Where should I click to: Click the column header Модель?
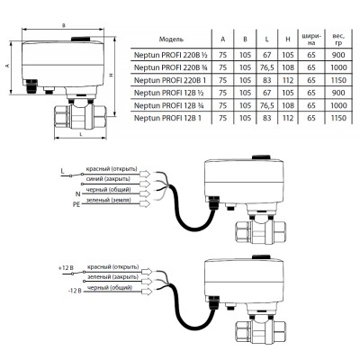171,40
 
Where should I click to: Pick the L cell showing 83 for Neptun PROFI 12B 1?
266,118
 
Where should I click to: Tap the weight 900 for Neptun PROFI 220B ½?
338,55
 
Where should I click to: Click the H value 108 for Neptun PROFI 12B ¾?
288,105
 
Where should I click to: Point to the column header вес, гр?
338,40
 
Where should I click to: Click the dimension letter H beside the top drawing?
111,75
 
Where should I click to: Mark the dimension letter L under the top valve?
81,134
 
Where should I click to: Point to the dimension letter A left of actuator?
7,66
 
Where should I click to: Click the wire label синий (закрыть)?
108,179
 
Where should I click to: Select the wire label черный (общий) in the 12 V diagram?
110,288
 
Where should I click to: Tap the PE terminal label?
76,204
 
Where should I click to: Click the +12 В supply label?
67,268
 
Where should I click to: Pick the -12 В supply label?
75,291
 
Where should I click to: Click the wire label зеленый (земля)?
109,200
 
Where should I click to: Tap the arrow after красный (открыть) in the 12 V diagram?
146,271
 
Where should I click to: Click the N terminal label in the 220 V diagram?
78,193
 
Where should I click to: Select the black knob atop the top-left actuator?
80,39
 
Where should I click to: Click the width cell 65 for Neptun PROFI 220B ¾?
311,67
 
